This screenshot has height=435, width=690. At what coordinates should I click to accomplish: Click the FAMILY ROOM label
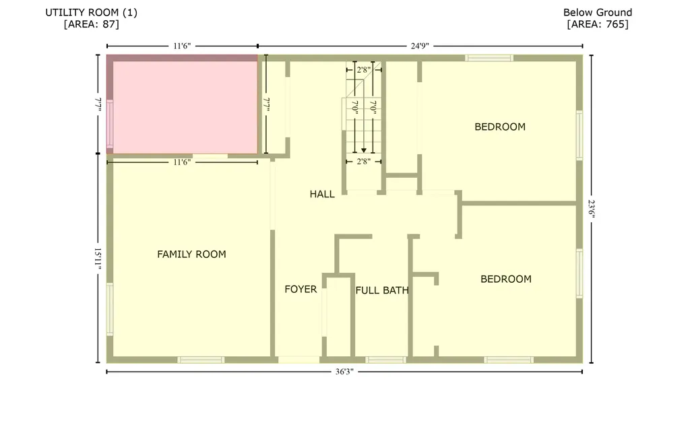pos(191,255)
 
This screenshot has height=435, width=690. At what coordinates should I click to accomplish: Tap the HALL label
pos(322,194)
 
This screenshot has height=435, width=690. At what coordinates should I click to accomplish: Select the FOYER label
pos(301,290)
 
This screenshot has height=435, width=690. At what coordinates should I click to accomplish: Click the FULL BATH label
pos(382,291)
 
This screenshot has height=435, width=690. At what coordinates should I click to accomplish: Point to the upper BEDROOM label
pos(500,127)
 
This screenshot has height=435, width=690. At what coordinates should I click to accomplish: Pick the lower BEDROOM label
pos(505,279)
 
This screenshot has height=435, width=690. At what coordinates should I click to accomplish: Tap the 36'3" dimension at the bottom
pos(343,372)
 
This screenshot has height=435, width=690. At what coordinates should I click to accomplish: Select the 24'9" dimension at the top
pos(419,46)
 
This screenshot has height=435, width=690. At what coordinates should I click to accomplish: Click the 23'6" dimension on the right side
pos(592,209)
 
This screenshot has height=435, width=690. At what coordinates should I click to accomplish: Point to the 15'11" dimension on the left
pos(98,259)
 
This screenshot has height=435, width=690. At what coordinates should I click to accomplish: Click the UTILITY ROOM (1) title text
pos(92,12)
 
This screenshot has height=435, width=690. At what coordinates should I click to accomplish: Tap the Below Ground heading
pos(598,12)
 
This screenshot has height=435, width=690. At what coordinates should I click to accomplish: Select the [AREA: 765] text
pos(598,24)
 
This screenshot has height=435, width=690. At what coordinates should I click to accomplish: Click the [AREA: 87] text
pos(92,24)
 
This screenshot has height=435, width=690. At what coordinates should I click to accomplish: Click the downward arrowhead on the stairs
pos(364,151)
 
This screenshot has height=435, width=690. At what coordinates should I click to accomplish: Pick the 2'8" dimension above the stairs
pos(364,69)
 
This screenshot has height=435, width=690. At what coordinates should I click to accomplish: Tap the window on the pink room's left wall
pos(110,124)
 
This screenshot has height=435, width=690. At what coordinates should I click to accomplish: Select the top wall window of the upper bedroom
pos(489,58)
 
